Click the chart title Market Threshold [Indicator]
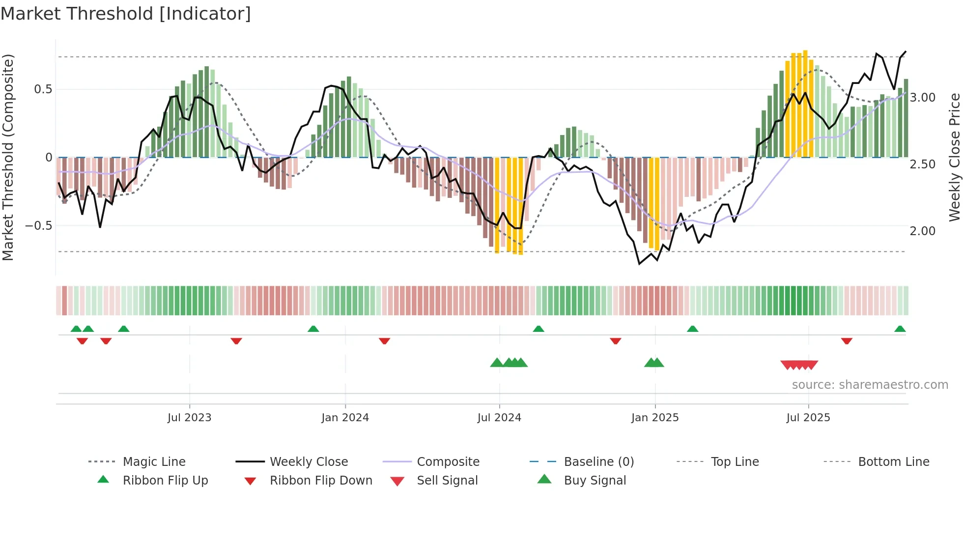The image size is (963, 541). tap(126, 14)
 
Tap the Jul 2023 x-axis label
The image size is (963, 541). tap(189, 418)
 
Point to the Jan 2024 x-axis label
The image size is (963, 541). tap(345, 418)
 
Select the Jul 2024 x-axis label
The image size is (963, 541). tap(499, 418)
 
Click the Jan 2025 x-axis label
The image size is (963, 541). tap(655, 418)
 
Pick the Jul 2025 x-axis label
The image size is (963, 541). tap(808, 418)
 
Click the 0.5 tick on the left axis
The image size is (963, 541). tap(43, 89)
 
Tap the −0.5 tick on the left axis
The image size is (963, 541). tap(39, 226)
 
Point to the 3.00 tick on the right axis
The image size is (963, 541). tap(923, 98)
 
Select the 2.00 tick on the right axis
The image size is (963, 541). tap(923, 231)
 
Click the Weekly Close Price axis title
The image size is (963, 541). tap(954, 157)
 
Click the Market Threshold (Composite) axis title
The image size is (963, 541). tap(8, 157)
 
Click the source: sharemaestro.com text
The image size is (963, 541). tap(870, 385)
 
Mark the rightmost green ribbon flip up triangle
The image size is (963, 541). tap(900, 329)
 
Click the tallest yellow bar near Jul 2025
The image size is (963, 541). tap(805, 103)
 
